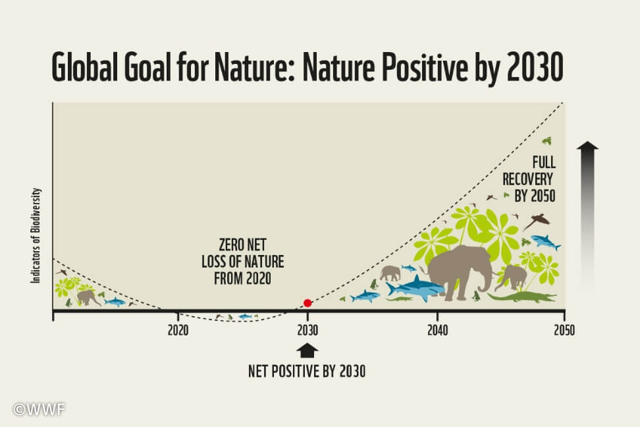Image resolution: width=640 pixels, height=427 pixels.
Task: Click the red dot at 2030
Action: (307, 302)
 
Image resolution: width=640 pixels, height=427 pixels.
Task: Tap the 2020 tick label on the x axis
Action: (178, 330)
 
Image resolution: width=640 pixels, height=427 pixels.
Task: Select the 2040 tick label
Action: (438, 330)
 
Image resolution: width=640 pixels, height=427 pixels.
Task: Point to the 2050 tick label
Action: (564, 330)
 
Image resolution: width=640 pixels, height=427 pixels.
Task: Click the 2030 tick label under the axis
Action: (307, 330)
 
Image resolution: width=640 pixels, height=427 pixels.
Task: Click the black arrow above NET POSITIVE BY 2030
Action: (307, 351)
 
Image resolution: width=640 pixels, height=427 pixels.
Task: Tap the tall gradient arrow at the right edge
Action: (587, 217)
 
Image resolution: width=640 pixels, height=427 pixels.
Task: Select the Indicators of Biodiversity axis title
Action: (36, 235)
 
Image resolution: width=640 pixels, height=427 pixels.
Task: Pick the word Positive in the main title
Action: (425, 67)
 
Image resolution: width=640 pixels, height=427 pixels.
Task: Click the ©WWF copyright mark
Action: (40, 409)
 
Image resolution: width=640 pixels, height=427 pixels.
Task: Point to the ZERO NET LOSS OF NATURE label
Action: (242, 262)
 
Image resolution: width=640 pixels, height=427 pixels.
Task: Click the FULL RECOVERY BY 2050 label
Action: (529, 179)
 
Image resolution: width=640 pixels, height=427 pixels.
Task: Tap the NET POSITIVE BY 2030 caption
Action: (307, 372)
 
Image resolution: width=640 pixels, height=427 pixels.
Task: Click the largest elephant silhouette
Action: (458, 271)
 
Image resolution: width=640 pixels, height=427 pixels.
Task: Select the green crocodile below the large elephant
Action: (521, 297)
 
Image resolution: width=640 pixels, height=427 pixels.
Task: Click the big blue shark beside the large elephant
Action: (415, 288)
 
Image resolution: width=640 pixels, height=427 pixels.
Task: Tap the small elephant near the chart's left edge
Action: (88, 298)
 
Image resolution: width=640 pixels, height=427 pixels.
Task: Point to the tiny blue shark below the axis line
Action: (245, 316)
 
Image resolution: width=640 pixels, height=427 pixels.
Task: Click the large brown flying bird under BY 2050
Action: (537, 221)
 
